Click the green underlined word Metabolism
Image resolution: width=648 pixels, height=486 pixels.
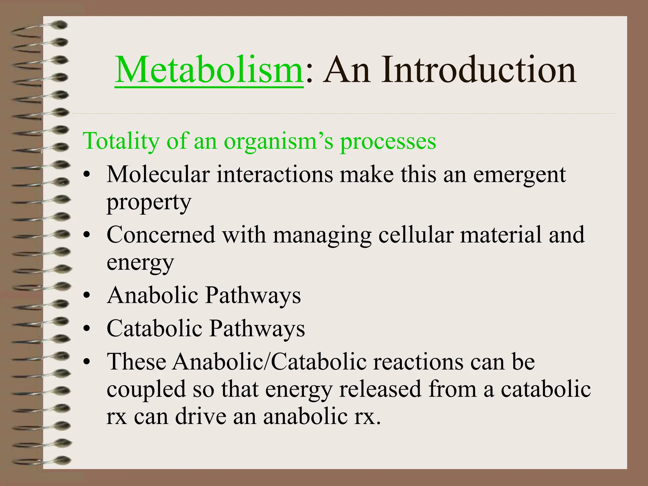[209, 70]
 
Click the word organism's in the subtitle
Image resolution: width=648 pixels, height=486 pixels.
[278, 141]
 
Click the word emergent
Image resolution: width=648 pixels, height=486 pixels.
[519, 175]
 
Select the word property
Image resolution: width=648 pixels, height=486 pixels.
[149, 202]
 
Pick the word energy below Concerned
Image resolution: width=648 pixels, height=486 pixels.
[140, 263]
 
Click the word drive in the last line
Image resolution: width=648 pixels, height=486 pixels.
[201, 416]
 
